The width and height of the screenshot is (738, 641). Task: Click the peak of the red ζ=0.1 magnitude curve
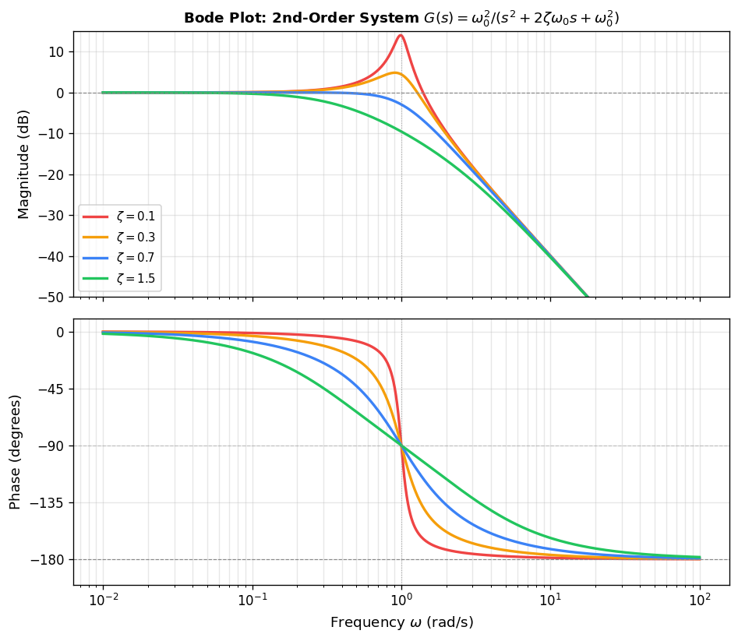[x=401, y=34]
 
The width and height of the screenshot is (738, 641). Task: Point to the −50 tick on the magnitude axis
[x=52, y=297]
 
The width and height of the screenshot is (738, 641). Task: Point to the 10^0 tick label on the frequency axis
[x=401, y=600]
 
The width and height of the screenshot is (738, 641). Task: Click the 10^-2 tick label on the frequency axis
[x=103, y=600]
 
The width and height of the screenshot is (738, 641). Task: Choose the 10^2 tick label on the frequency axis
[x=700, y=600]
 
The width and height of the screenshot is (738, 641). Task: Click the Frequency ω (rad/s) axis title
[x=401, y=622]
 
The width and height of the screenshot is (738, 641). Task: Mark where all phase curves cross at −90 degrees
[x=401, y=446]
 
